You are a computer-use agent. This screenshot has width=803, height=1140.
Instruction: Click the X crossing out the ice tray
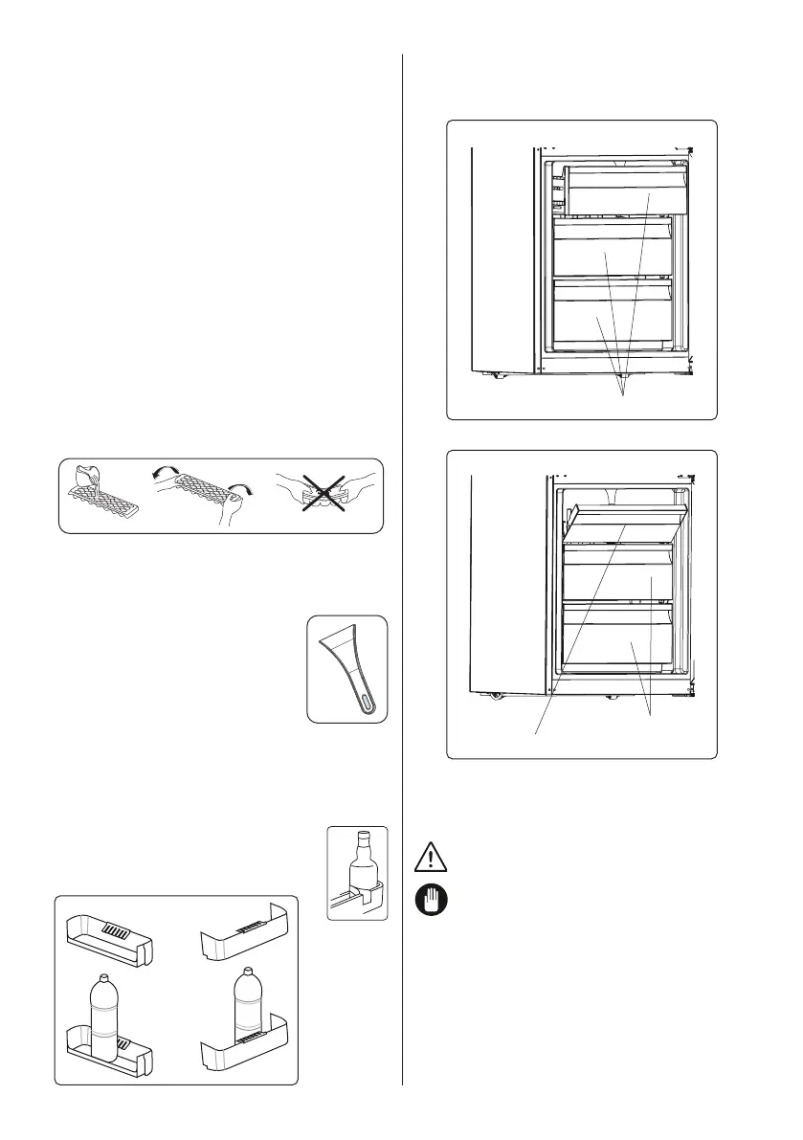(x=325, y=494)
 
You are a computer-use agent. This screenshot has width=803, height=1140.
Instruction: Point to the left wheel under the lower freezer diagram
(x=496, y=695)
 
